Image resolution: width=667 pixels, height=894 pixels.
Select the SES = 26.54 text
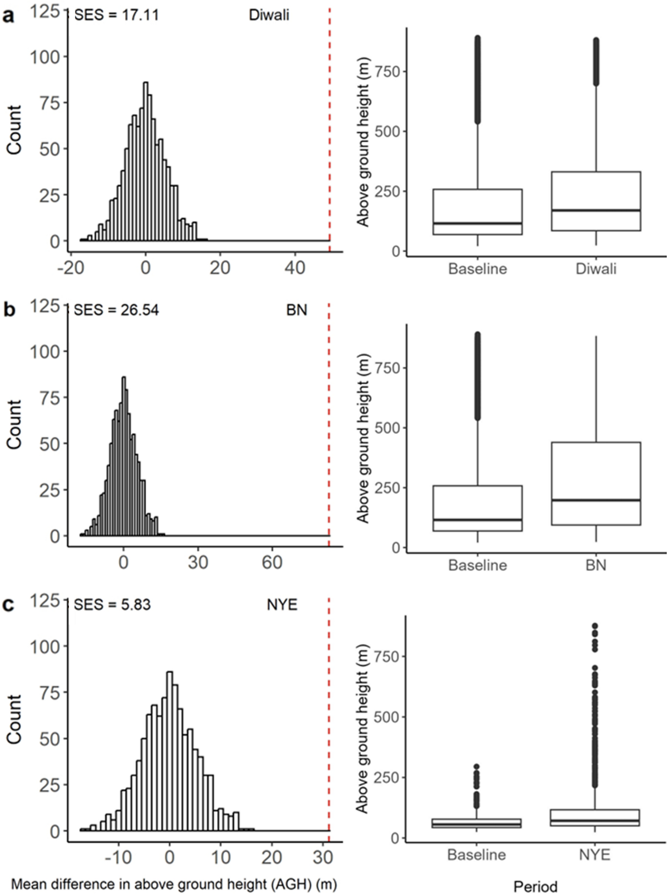[x=117, y=310]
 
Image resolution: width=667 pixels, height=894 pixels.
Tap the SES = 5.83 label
[x=113, y=604]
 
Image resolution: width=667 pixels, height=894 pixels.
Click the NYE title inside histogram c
[x=282, y=604]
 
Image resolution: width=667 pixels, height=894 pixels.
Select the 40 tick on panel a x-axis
[x=295, y=268]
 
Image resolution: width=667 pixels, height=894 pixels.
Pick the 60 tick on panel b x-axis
[x=272, y=562]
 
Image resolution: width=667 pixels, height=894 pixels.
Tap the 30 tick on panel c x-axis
[x=323, y=857]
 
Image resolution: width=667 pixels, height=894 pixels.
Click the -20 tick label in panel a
[x=71, y=268]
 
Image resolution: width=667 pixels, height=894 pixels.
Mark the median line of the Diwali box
[x=595, y=211]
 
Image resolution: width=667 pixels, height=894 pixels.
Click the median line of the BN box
[x=595, y=500]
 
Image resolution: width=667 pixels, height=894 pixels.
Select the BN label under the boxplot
[x=596, y=565]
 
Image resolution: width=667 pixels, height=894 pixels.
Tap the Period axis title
[x=535, y=886]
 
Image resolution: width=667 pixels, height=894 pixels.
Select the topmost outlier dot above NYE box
[x=595, y=626]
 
